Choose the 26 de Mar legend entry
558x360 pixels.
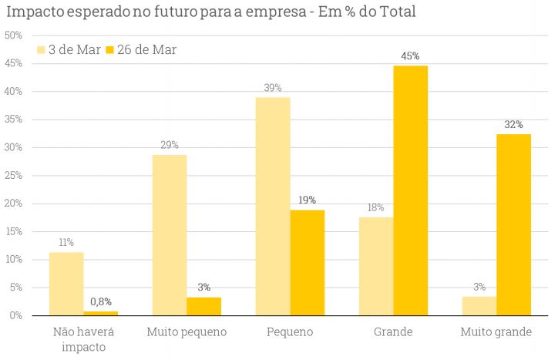click(140, 50)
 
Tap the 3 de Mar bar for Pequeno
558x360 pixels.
click(273, 207)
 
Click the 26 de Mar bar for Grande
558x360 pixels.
click(410, 190)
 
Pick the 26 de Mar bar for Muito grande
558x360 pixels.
click(513, 225)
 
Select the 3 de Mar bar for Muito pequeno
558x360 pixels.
click(170, 235)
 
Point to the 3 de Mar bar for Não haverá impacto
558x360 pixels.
click(66, 284)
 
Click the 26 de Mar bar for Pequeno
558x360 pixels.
click(307, 263)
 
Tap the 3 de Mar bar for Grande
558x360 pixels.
click(376, 266)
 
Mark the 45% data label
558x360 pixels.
click(410, 56)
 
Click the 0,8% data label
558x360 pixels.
click(100, 302)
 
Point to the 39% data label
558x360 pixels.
click(273, 88)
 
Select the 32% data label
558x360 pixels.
click(513, 124)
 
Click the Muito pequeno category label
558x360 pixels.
click(187, 332)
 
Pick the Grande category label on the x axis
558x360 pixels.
click(393, 332)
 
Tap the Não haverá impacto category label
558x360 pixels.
click(83, 339)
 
